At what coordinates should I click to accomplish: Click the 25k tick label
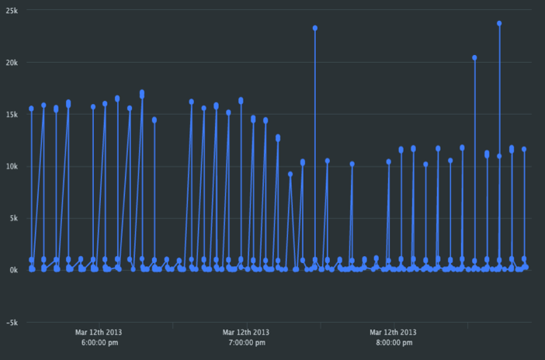(9, 10)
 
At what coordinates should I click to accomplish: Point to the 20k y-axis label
(9, 62)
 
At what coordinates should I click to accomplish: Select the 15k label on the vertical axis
(9, 114)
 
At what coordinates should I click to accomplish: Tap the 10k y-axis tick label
(9, 166)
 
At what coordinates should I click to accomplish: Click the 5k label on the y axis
(11, 218)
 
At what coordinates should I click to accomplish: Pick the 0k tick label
(11, 270)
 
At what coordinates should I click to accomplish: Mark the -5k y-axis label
(10, 322)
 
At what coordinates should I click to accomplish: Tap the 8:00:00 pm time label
(394, 341)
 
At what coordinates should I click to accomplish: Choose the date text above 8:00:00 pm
(394, 332)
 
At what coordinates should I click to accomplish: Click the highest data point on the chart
(499, 23)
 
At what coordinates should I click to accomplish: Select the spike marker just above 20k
(474, 57)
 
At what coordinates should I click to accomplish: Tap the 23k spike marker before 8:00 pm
(315, 28)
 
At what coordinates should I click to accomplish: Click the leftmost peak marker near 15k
(32, 109)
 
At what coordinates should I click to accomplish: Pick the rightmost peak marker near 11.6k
(524, 149)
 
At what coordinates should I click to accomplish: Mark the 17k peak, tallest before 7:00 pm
(142, 93)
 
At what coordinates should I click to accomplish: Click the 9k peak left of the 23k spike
(290, 174)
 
